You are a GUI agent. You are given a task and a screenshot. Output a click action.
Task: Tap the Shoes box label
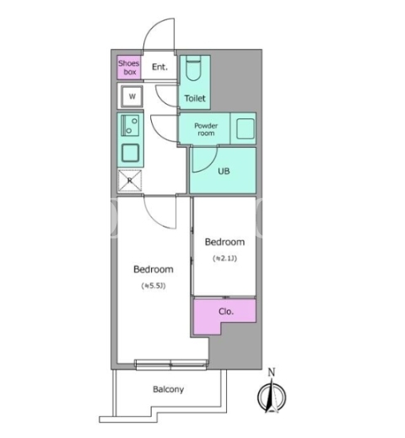click(x=129, y=68)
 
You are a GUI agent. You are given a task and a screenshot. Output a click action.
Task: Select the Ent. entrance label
click(x=159, y=67)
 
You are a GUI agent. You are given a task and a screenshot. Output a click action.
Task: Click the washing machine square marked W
click(x=132, y=96)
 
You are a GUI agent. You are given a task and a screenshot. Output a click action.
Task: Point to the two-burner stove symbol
click(x=130, y=125)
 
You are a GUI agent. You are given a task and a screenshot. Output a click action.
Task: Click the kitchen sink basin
click(x=130, y=153)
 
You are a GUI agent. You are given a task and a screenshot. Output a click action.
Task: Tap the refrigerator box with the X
click(x=130, y=180)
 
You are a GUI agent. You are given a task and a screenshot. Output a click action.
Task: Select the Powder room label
click(x=206, y=129)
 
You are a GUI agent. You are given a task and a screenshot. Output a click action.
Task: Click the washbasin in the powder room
click(x=246, y=129)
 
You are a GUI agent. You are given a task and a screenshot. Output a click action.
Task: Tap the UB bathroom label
click(x=224, y=171)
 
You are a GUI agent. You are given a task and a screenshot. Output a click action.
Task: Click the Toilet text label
click(x=195, y=98)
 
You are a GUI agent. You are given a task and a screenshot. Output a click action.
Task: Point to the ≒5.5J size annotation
click(x=154, y=286)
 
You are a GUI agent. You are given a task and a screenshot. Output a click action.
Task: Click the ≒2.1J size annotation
click(x=224, y=258)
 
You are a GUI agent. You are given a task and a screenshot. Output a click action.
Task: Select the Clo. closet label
click(x=226, y=311)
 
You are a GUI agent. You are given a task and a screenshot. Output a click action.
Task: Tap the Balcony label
click(x=168, y=389)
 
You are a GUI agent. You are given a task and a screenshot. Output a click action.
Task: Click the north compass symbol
click(x=272, y=396)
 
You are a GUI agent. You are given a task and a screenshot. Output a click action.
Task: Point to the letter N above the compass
click(x=271, y=372)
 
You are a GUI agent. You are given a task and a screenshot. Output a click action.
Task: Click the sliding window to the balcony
click(x=171, y=364)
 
